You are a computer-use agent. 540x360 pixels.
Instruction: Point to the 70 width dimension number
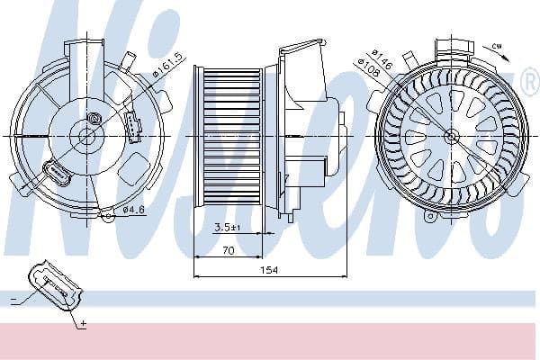228,252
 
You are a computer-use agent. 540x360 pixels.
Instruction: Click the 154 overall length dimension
268,270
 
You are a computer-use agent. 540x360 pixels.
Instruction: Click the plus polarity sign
82,322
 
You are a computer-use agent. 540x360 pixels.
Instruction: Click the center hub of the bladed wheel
451,135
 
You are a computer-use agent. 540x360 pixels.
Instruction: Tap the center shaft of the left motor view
86,135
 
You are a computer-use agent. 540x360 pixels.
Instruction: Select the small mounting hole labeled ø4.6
106,215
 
